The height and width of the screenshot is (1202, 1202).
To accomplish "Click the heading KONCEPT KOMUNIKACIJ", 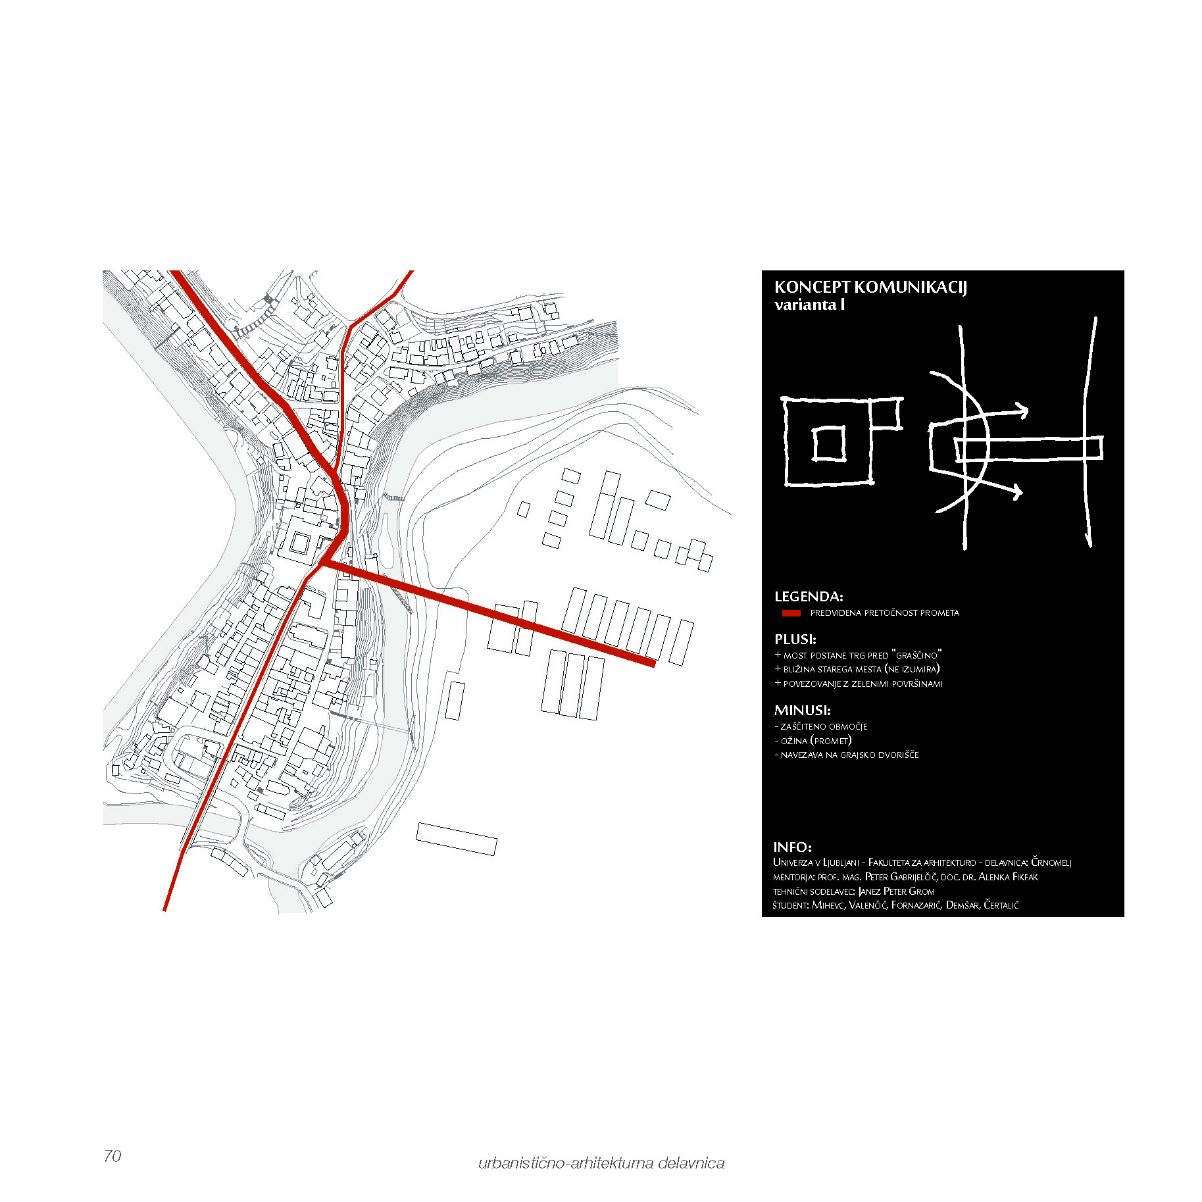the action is [x=870, y=288].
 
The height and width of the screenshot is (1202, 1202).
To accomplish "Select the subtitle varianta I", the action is [x=809, y=305].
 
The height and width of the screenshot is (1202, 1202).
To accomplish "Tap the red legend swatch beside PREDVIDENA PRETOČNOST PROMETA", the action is [x=791, y=613].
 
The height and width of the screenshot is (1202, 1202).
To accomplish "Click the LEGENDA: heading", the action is [x=809, y=597].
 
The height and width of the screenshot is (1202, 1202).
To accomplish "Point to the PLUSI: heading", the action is [x=795, y=639].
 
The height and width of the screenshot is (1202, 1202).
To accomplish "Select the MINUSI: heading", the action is [x=802, y=710].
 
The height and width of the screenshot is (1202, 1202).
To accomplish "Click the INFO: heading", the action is [x=792, y=847].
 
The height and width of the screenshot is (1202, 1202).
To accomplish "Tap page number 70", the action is [x=113, y=1156].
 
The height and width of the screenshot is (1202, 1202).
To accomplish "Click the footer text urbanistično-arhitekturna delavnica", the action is [x=601, y=1163].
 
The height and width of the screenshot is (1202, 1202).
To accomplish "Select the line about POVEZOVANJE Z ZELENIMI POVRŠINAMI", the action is [x=859, y=684].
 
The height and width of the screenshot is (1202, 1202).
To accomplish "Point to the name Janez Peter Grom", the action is [x=896, y=891].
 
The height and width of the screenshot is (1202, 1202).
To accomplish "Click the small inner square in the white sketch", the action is [x=829, y=444].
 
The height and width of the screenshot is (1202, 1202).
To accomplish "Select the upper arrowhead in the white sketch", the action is [x=1021, y=411].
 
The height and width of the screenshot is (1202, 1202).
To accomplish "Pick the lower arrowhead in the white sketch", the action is [x=1016, y=491].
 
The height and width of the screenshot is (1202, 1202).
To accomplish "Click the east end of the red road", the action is [x=653, y=663].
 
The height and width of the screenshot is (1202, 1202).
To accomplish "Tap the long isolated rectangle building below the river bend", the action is [x=456, y=839].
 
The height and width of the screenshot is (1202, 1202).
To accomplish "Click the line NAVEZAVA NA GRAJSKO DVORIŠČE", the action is [x=847, y=755].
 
